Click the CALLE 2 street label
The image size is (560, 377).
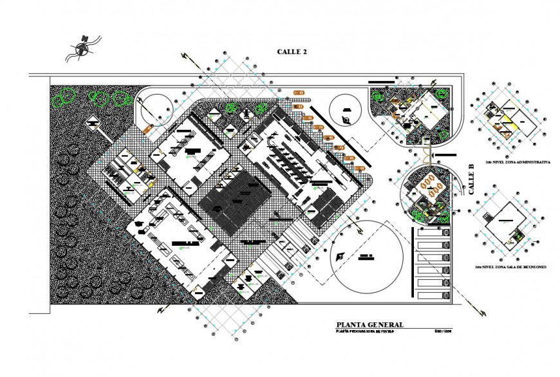[x=292, y=51]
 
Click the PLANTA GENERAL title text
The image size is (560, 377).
[x=370, y=325]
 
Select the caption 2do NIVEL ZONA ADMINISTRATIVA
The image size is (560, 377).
[x=512, y=162]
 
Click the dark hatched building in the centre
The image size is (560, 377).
[x=236, y=201]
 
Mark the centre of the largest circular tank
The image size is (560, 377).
[x=367, y=256]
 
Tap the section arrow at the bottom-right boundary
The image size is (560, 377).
[x=480, y=311]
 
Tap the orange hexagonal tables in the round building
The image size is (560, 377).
[x=431, y=185]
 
